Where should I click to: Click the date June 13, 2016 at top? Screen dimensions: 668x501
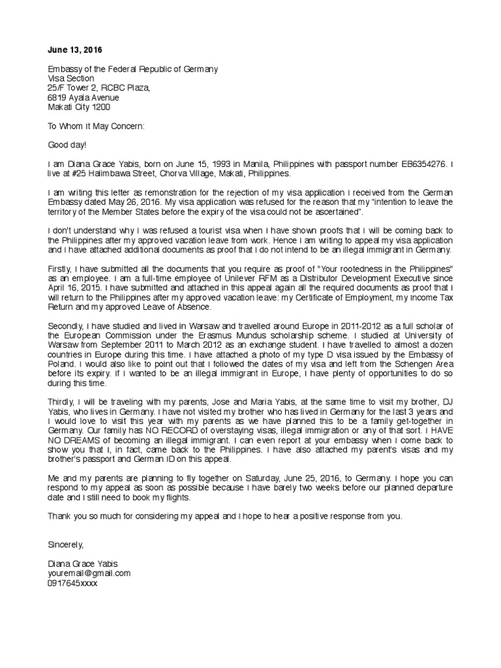[75, 50]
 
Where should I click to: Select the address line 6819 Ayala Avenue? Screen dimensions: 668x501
[83, 97]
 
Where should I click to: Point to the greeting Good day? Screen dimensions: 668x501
[67, 145]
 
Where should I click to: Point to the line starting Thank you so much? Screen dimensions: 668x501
[226, 516]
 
